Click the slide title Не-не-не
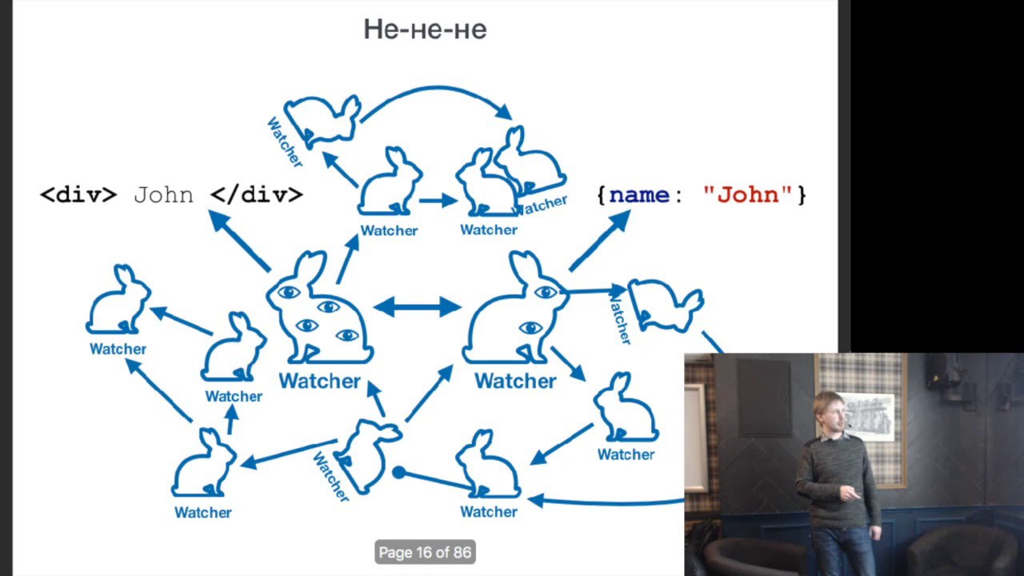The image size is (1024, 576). pos(425,30)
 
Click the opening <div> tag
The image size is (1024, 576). pos(78,194)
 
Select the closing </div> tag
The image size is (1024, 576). pos(256,194)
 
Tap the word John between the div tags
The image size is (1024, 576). pos(163,194)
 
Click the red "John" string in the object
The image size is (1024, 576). pos(747,194)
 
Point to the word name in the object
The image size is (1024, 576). pos(638,194)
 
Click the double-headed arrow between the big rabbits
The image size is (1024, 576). pos(417,306)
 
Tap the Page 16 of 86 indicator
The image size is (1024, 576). pos(425,552)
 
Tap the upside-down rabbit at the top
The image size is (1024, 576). pos(324,120)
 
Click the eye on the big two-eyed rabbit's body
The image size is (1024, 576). pos(530,327)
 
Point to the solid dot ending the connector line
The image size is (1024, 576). pos(398,472)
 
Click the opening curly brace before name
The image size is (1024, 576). pos(602,194)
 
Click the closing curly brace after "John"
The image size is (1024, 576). pos(802,194)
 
